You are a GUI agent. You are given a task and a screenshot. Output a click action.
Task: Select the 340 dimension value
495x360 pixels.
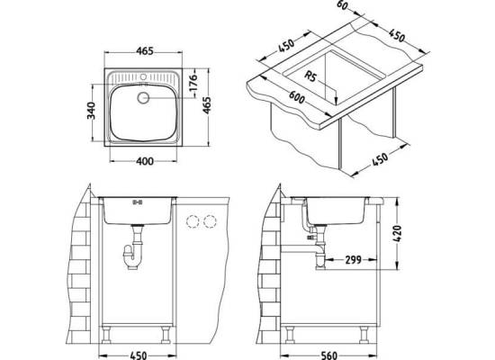click(x=91, y=111)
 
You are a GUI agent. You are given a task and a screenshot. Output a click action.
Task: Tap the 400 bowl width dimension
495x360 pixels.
click(x=145, y=161)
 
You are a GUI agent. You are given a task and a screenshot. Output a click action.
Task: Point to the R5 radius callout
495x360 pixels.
click(x=310, y=76)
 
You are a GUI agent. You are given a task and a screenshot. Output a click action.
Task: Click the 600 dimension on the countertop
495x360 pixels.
click(x=297, y=96)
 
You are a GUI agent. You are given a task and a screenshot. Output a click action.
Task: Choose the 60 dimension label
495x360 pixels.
click(x=344, y=5)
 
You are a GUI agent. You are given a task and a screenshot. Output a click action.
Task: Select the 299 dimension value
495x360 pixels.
click(x=353, y=260)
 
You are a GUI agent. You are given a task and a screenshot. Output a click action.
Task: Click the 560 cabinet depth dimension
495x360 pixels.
click(x=328, y=355)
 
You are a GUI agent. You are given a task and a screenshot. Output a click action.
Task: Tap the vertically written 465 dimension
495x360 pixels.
click(x=206, y=105)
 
